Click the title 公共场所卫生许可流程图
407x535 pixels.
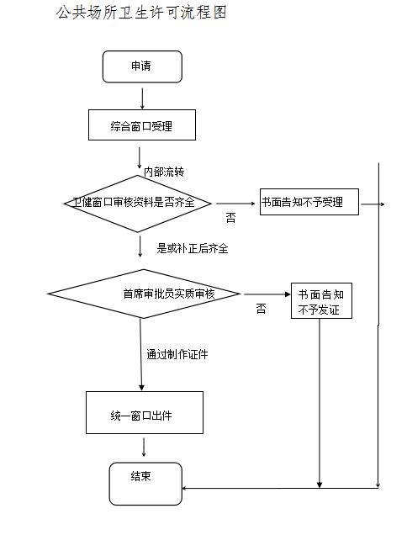click(141, 13)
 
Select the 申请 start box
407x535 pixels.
click(142, 67)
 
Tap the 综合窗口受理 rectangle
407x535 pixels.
click(142, 124)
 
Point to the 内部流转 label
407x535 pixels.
click(164, 172)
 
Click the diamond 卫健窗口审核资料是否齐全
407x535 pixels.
click(137, 204)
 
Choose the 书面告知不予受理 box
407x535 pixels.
click(309, 202)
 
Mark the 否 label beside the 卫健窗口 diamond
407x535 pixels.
click(230, 217)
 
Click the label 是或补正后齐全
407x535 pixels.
click(193, 248)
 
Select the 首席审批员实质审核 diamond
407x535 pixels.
click(144, 294)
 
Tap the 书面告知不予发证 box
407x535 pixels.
click(321, 300)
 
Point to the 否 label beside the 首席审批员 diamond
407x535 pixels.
click(261, 309)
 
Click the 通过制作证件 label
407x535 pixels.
click(177, 354)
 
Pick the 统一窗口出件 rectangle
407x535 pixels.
click(145, 412)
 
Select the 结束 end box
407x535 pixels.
click(145, 484)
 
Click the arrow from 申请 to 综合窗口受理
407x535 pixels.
click(142, 98)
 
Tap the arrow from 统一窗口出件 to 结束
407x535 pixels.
click(144, 448)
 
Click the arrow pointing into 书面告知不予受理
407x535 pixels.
click(235, 204)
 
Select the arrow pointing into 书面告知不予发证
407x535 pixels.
click(267, 294)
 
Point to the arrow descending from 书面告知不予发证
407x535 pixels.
click(320, 403)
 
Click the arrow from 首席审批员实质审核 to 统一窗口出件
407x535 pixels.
click(141, 355)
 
